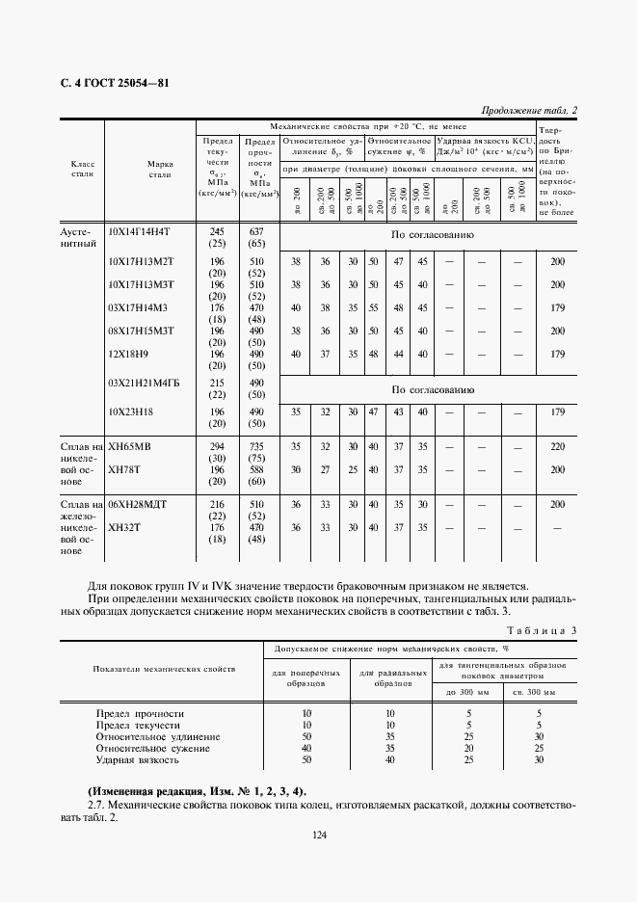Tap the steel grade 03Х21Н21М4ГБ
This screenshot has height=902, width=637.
[x=145, y=383]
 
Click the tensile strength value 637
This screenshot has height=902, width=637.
[x=255, y=232]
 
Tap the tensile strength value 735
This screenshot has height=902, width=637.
[x=255, y=446]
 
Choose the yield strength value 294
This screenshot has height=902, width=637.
[x=216, y=446]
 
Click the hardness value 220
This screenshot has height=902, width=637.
[x=557, y=446]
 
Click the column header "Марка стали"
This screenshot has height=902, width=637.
[x=160, y=169]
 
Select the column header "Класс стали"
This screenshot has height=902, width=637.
[x=83, y=169]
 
